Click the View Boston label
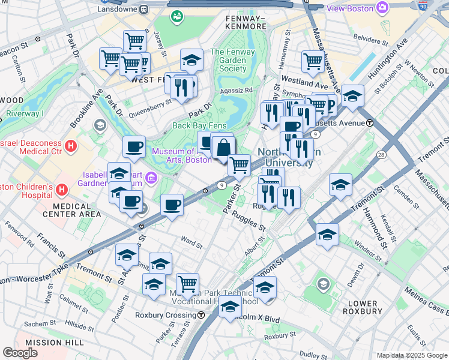[351, 8]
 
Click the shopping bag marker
[223, 147]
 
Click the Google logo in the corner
[20, 353]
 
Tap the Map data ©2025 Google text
[412, 355]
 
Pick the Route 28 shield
[381, 155]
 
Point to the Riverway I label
[25, 113]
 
